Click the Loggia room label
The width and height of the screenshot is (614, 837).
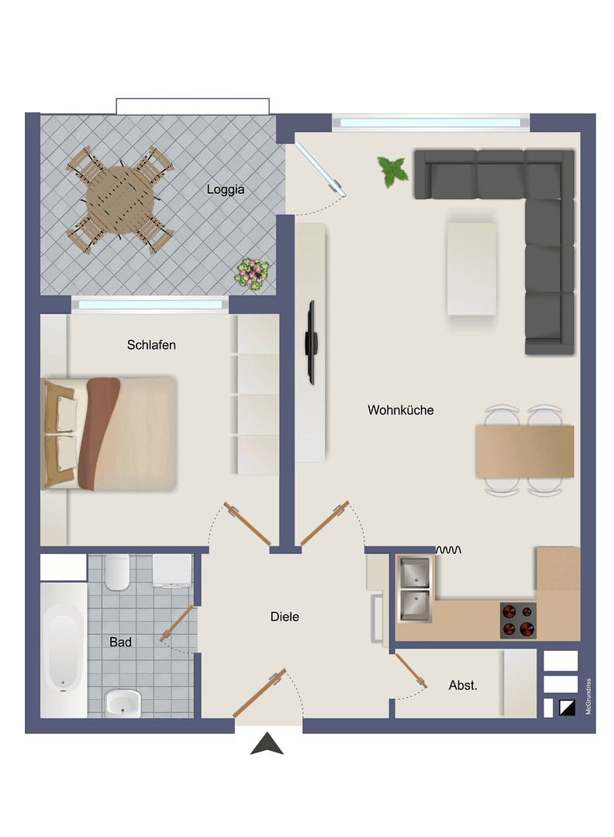point(226,189)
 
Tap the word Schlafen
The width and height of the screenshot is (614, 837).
point(151,345)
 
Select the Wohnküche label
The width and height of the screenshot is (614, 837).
point(401,410)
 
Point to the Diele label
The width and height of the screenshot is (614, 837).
point(285,617)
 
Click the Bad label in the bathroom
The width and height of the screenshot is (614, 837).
point(120,642)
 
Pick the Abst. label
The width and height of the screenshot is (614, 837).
point(463,685)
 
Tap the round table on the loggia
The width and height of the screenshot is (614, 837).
point(119,200)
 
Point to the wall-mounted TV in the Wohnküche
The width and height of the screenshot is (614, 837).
point(312,342)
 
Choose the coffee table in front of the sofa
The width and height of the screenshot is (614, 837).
point(471,268)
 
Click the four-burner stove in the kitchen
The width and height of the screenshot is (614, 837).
point(518,620)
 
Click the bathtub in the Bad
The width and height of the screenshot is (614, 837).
point(64,649)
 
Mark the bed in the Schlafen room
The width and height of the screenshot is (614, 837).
point(110,433)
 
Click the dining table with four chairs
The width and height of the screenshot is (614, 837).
point(525,450)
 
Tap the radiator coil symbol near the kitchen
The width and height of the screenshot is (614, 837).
point(450,549)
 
